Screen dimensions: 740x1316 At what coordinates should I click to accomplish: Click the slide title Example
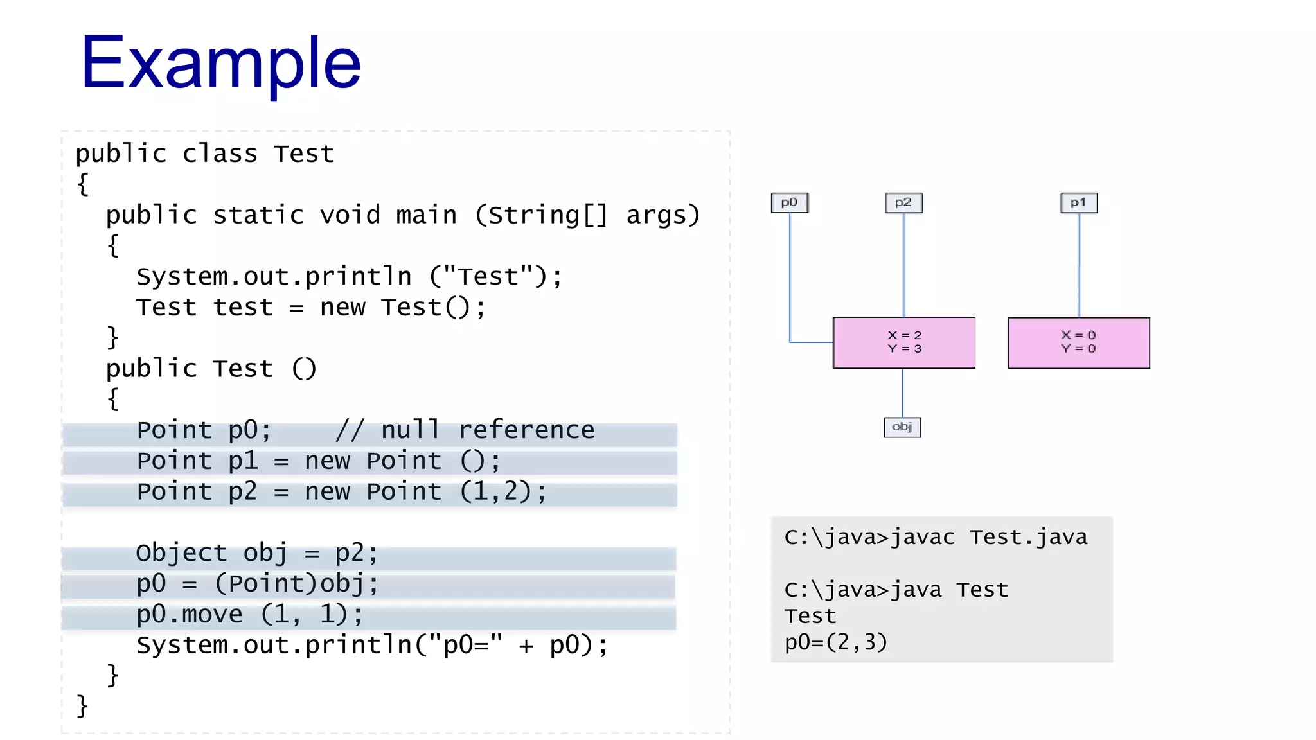[x=220, y=63]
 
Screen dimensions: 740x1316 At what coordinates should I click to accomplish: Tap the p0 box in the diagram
[x=789, y=203]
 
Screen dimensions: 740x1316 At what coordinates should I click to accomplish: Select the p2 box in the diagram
[x=903, y=203]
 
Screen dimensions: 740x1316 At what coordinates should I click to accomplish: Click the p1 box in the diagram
[x=1078, y=203]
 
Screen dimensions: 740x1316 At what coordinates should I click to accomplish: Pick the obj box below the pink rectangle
[x=902, y=427]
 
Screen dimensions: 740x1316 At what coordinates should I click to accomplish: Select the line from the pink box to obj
[x=903, y=392]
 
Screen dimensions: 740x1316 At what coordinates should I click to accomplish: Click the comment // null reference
[x=465, y=430]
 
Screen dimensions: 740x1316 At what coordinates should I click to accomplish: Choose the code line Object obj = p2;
[x=257, y=553]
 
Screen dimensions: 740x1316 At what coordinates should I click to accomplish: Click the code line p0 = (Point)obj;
[x=257, y=584]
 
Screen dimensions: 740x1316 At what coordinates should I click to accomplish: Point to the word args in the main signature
[x=655, y=215]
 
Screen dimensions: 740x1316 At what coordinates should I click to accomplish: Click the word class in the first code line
[x=220, y=154]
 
